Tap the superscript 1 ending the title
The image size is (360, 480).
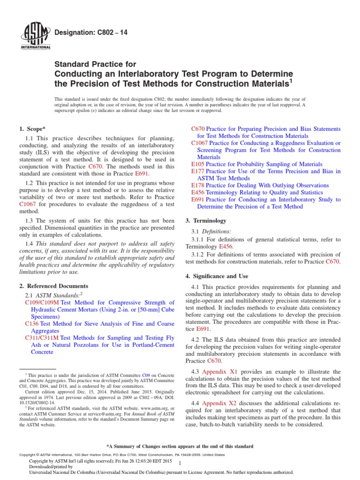tap(290, 80)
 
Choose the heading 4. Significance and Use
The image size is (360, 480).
tap(217, 276)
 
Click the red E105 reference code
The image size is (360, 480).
tap(198, 165)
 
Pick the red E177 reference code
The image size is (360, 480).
tap(198, 172)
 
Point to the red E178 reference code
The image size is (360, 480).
tap(198, 186)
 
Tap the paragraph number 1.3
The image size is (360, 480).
tap(28, 220)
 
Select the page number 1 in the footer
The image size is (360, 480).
tap(187, 463)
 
